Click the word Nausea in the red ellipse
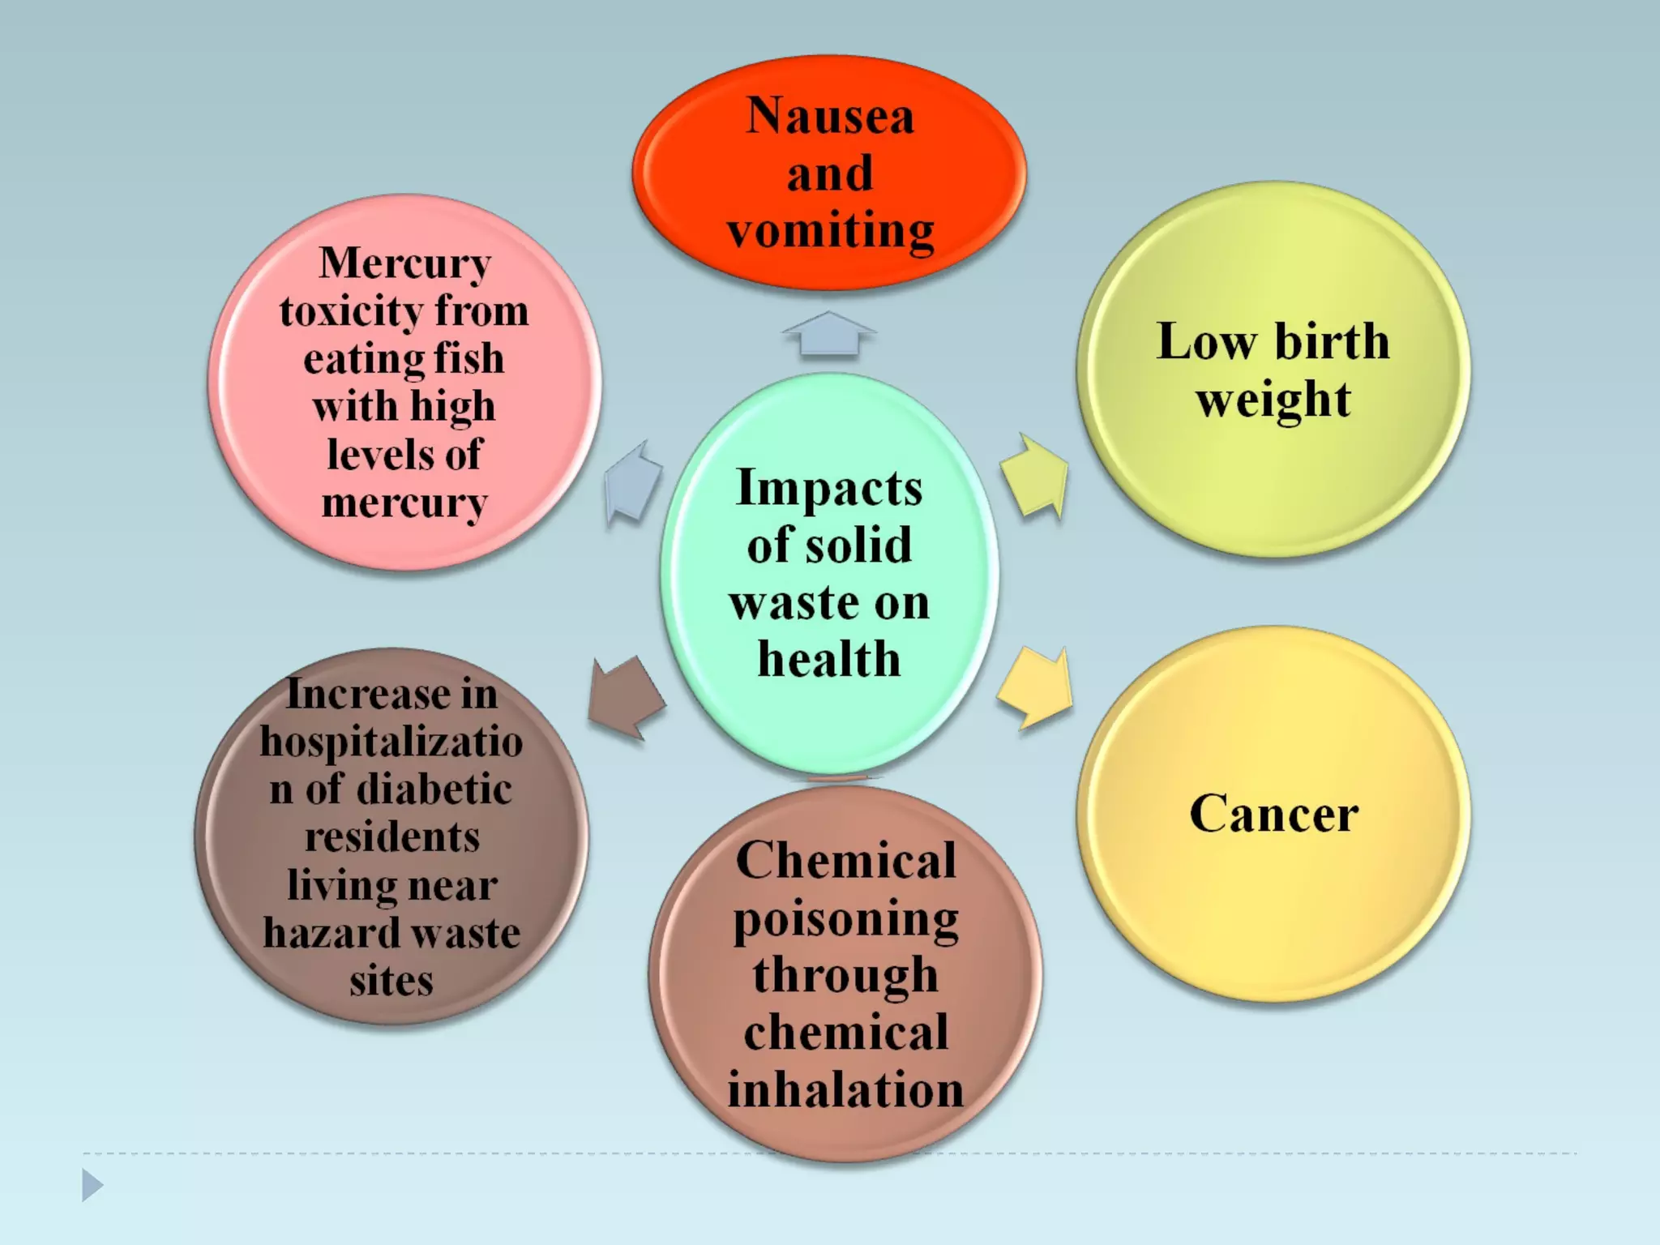(x=830, y=116)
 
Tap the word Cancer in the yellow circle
(x=1273, y=814)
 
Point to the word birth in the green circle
(x=1332, y=341)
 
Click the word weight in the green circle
(x=1273, y=400)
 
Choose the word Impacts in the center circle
(x=829, y=488)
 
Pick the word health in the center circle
(x=829, y=659)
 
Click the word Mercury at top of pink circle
(x=404, y=263)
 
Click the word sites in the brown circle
(x=391, y=981)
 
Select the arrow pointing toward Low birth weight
(x=1035, y=477)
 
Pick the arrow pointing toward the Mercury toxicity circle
(x=632, y=483)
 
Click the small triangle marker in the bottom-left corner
(x=92, y=1186)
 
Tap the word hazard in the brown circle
(x=320, y=934)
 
